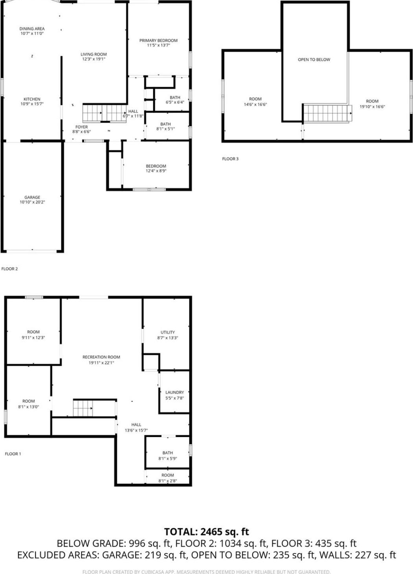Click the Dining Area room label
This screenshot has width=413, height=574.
pos(32,29)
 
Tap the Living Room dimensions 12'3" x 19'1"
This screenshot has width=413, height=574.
pos(94,59)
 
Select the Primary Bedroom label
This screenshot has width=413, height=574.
pos(158,40)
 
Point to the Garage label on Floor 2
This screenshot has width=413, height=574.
pos(32,197)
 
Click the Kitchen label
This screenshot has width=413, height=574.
pos(32,99)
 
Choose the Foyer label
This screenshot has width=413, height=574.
pos(81,127)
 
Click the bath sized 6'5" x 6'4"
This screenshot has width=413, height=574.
pos(175,100)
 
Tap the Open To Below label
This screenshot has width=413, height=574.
pos(314,60)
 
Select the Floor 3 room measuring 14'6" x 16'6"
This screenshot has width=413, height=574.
pos(255,102)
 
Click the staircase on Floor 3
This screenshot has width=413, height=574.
pos(327,113)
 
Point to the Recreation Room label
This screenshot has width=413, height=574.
pos(101,357)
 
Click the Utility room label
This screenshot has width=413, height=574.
pos(168,332)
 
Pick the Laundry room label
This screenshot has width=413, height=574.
pos(174,392)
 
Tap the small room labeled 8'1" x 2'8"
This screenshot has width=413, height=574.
pos(167,478)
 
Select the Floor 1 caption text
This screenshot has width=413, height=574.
pos(13,454)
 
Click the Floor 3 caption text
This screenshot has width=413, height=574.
pos(230,159)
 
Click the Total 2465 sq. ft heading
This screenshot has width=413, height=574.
pos(206,532)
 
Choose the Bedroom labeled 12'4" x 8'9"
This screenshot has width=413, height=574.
pos(156,169)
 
